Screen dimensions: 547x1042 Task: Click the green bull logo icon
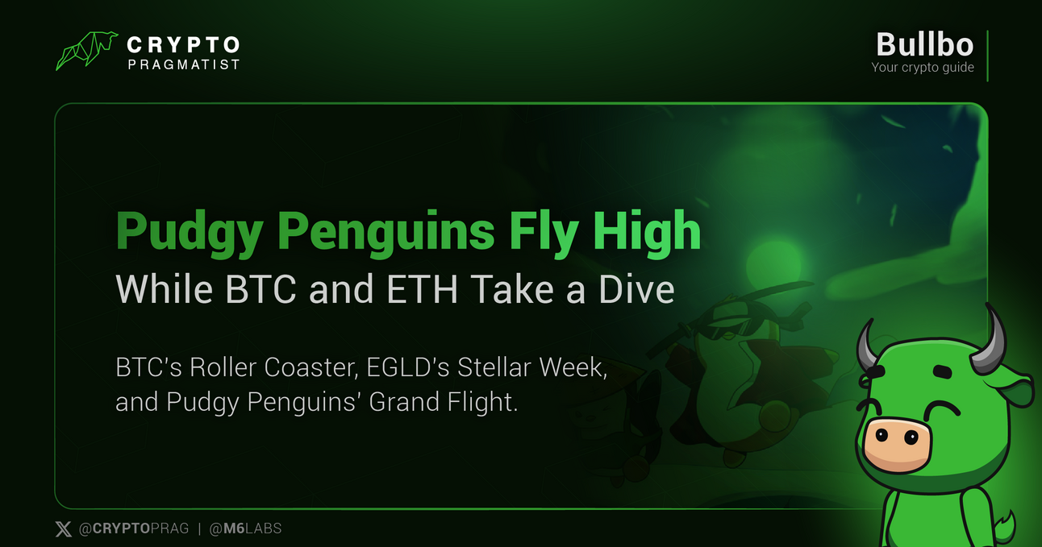86,51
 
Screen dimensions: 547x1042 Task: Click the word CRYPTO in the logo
183,44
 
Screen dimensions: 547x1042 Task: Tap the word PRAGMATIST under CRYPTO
183,64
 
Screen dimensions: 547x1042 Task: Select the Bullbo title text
924,44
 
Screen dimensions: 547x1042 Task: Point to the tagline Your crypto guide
923,68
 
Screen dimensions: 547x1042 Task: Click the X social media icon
63,529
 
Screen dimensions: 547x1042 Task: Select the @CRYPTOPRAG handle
134,529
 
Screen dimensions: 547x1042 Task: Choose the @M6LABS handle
245,529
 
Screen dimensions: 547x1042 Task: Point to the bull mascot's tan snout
896,444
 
